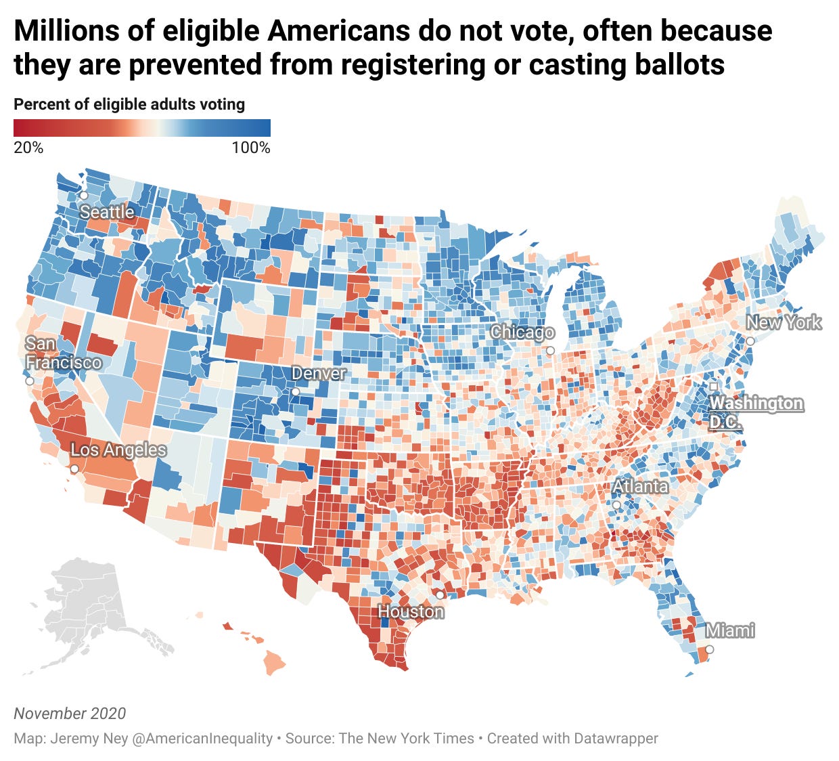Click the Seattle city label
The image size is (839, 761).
coord(107,212)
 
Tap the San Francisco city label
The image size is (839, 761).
coord(63,353)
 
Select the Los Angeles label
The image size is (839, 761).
coord(118,450)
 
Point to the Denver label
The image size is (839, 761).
coord(319,373)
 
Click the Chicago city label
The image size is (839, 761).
coord(522,332)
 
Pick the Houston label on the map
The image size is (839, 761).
coord(411,611)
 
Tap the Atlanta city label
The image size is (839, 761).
coord(640,486)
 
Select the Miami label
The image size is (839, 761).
coord(730,630)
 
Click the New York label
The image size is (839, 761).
coord(784,322)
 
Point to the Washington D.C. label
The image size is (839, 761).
coord(755,412)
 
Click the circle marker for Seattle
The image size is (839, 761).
coord(83,195)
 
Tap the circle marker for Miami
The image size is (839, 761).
coord(709,649)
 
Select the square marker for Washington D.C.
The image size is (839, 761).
coord(713,386)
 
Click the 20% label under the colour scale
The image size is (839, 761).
coord(28,148)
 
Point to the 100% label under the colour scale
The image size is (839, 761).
coord(251,148)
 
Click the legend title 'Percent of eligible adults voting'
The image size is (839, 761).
coord(129,104)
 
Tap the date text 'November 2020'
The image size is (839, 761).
coord(70,713)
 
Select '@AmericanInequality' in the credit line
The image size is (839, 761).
coord(202,738)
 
